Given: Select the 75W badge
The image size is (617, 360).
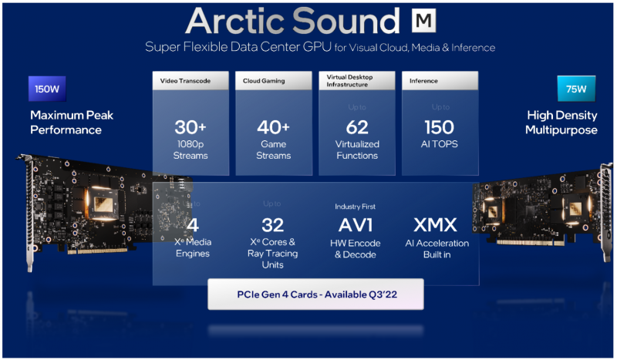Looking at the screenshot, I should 575,89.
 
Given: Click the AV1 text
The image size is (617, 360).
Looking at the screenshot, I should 356,225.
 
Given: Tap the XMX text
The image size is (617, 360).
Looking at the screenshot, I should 436,225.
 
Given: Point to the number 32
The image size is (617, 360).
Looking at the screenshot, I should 272,225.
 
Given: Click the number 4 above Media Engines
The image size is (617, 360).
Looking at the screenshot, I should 193,225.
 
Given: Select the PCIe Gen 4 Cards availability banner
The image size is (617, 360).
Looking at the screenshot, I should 315,294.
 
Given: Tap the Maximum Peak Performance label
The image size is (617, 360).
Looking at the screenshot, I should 72,123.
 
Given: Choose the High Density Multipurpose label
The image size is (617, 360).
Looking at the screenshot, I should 561,123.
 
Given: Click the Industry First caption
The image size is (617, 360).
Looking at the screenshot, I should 356,207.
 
